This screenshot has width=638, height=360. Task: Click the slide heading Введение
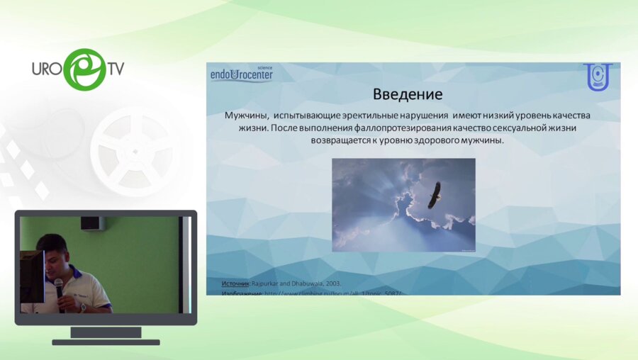(x=408, y=94)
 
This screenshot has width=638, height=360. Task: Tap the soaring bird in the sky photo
(x=434, y=194)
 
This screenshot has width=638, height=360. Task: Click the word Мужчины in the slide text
(x=247, y=115)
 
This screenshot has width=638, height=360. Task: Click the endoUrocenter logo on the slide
(x=241, y=74)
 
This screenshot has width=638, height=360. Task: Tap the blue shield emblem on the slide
(x=597, y=77)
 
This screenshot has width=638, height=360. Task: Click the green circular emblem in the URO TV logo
(x=84, y=69)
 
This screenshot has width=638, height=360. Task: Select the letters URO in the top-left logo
(x=47, y=69)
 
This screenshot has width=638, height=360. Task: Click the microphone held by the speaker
(x=59, y=285)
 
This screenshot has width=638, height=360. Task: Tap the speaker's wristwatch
(x=83, y=308)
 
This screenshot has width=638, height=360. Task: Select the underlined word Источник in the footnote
(x=235, y=283)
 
